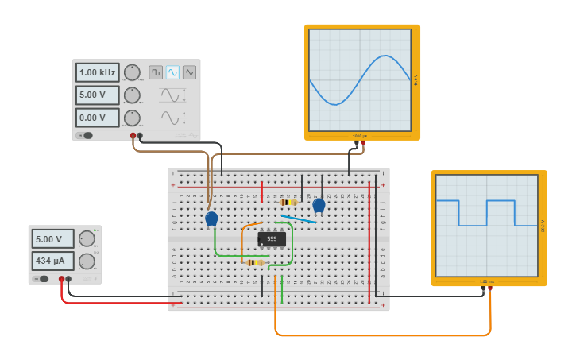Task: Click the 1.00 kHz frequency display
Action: (97, 72)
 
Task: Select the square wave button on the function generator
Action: (156, 72)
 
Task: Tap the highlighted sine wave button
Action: (172, 72)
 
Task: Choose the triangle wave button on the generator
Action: (189, 72)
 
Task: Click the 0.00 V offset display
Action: (97, 118)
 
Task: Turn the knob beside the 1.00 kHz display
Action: (132, 72)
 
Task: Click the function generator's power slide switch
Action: (85, 135)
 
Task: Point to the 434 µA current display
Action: (52, 261)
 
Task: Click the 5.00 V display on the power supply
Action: (52, 238)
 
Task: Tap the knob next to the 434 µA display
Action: (87, 261)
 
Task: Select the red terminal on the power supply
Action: (61, 279)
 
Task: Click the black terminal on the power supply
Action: (68, 279)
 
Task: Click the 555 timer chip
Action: (272, 238)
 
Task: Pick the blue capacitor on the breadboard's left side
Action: (211, 219)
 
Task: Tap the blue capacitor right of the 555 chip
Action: (319, 206)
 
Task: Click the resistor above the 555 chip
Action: (288, 203)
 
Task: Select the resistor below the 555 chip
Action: (254, 262)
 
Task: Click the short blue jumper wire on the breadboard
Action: (298, 219)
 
